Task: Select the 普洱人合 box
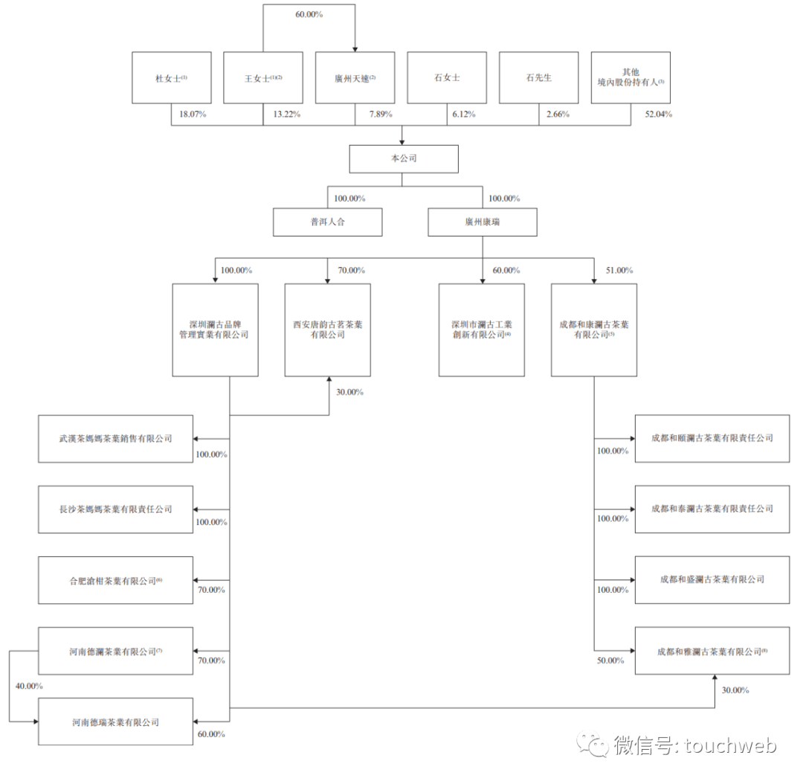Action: (327, 222)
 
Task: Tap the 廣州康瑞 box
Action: (482, 222)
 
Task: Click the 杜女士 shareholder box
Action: (171, 77)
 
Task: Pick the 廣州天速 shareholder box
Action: (355, 77)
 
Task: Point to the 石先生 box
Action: (538, 77)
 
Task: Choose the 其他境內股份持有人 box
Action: (630, 77)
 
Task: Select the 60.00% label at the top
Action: (308, 14)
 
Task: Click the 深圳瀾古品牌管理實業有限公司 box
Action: (215, 330)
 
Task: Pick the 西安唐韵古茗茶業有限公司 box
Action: (328, 330)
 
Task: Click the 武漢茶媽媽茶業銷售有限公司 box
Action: (115, 439)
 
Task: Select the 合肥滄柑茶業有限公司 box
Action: (115, 580)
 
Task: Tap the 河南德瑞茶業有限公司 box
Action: (115, 721)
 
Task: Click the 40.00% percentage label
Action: (29, 685)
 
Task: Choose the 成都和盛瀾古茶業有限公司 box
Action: (712, 579)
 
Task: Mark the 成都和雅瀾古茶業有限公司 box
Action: (712, 651)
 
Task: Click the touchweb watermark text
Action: (694, 745)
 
